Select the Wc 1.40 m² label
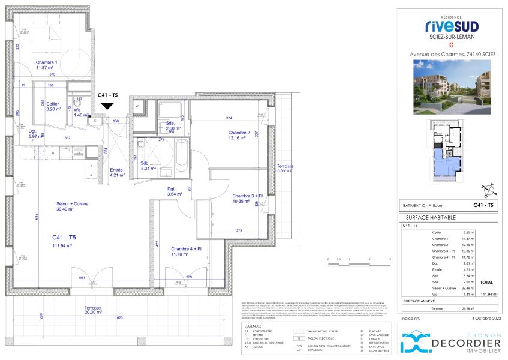[x=79, y=112]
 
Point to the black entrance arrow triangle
[x=107, y=106]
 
